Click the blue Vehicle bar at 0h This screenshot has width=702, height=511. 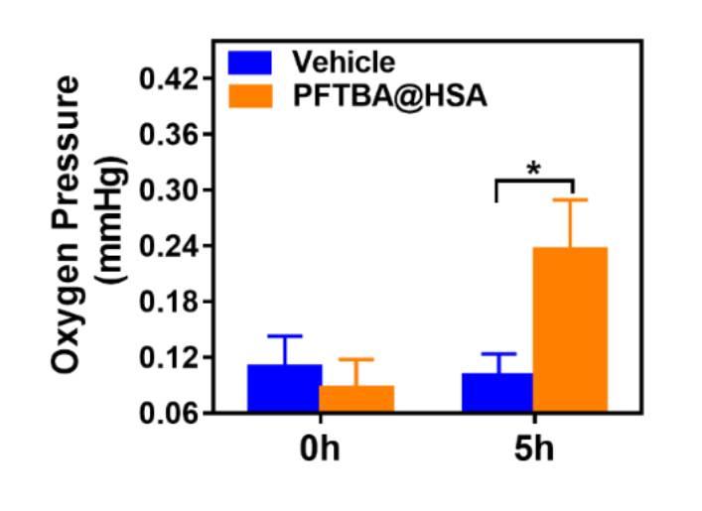tap(284, 388)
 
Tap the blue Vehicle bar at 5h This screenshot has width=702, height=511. tap(497, 392)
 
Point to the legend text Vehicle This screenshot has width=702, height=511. tap(344, 63)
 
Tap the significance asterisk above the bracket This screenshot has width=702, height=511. tap(534, 168)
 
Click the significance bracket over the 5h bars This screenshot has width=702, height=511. tap(534, 182)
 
